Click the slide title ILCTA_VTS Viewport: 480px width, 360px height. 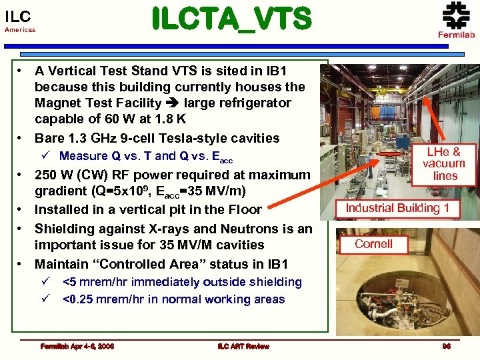tap(231, 19)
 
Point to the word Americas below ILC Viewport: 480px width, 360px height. tap(20, 30)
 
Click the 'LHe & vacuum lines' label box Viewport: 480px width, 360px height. tap(445, 163)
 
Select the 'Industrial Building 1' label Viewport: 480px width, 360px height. tap(397, 208)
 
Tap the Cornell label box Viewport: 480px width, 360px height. tap(373, 244)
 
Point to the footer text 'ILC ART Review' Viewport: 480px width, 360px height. tap(243, 346)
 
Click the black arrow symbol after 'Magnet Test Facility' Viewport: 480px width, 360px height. tap(173, 103)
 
